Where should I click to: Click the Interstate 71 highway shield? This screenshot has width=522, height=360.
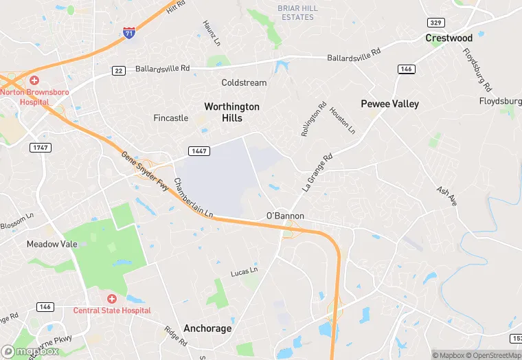pyautogui.click(x=128, y=32)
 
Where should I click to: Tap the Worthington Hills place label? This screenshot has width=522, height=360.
pyautogui.click(x=232, y=112)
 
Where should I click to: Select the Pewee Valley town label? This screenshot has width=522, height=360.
pyautogui.click(x=389, y=104)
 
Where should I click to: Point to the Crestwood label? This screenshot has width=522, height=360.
pyautogui.click(x=449, y=38)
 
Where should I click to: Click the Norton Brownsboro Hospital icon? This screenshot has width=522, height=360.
pyautogui.click(x=34, y=81)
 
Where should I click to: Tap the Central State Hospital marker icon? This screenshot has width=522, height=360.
pyautogui.click(x=111, y=299)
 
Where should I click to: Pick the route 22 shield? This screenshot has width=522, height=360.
pyautogui.click(x=119, y=70)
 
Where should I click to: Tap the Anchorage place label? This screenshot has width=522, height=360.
pyautogui.click(x=207, y=328)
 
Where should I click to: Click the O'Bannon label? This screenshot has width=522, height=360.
pyautogui.click(x=285, y=216)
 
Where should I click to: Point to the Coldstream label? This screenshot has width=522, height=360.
pyautogui.click(x=244, y=82)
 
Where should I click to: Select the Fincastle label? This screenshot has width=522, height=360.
pyautogui.click(x=170, y=117)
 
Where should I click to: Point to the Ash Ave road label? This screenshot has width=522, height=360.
pyautogui.click(x=446, y=196)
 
